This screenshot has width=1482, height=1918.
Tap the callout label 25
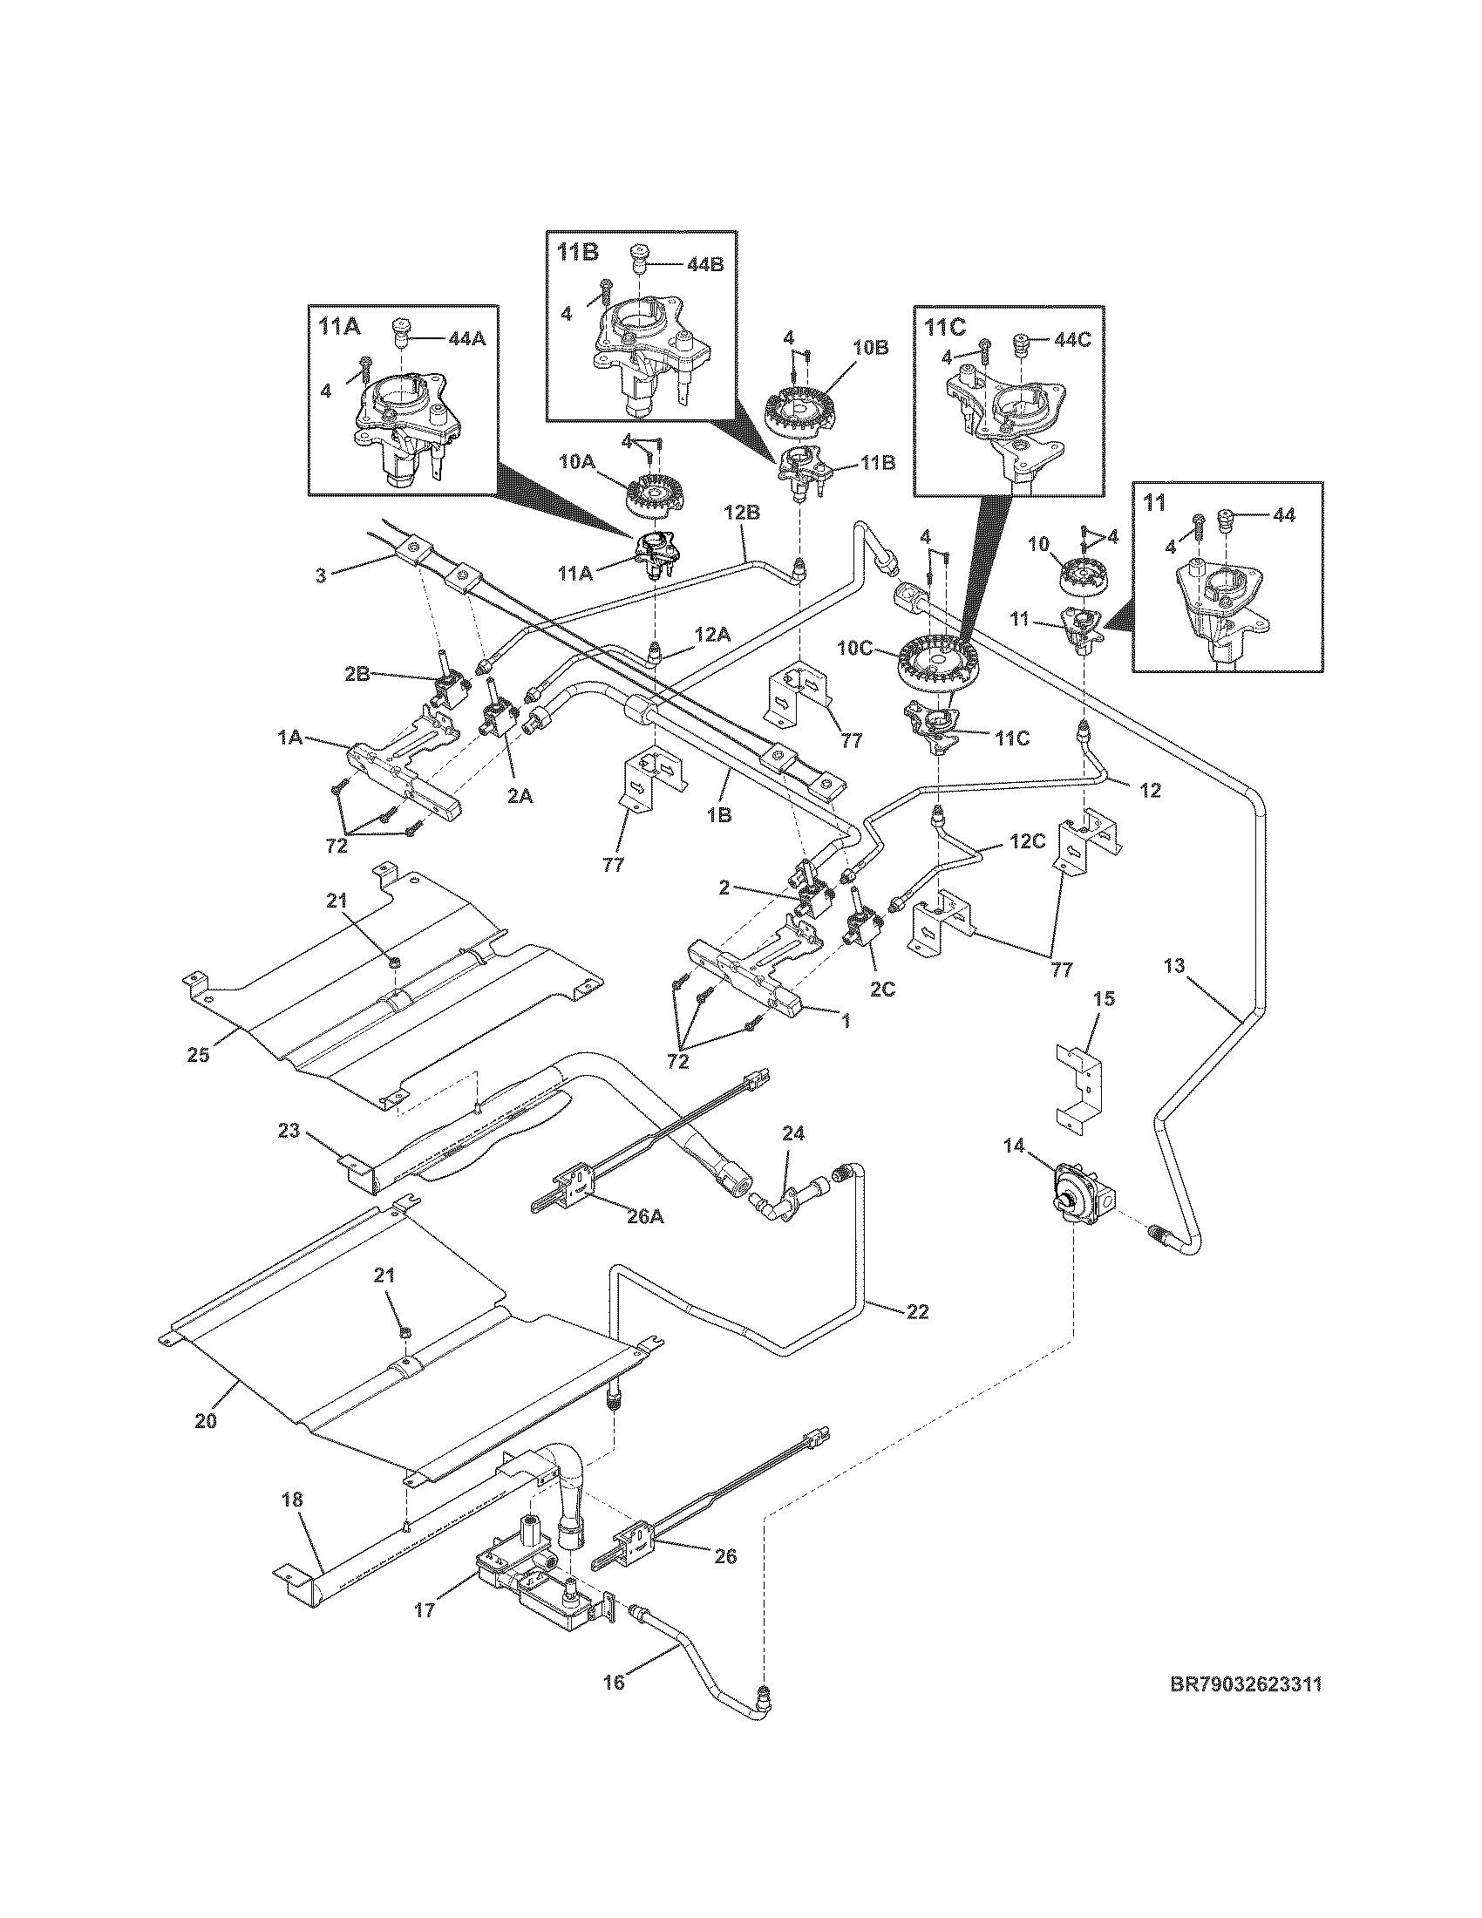[x=199, y=1054]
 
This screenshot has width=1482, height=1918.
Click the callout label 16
[x=614, y=1682]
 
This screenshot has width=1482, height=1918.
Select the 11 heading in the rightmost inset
[x=1154, y=502]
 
